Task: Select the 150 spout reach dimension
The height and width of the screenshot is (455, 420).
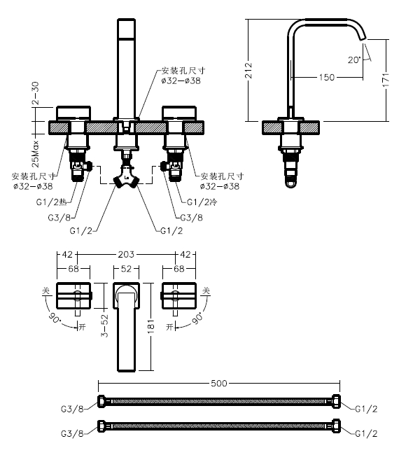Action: pyautogui.click(x=325, y=77)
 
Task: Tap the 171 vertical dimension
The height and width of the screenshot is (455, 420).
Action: pyautogui.click(x=386, y=80)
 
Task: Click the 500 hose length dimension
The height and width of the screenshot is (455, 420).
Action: pyautogui.click(x=219, y=383)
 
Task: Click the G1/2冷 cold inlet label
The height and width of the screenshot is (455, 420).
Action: pyautogui.click(x=192, y=202)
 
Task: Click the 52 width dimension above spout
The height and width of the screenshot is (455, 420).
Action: pyautogui.click(x=126, y=268)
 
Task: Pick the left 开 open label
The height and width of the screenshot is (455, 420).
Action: pyautogui.click(x=81, y=326)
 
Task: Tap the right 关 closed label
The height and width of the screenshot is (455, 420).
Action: pyautogui.click(x=205, y=290)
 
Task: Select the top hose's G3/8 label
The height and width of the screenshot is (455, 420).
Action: pyautogui.click(x=72, y=408)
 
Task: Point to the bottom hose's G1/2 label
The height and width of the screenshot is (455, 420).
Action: pyautogui.click(x=366, y=433)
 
